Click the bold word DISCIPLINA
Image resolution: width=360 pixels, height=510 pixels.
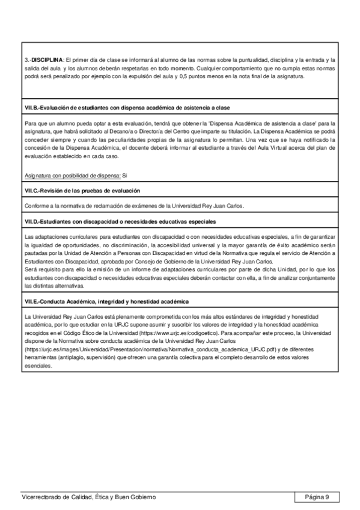(x=47, y=61)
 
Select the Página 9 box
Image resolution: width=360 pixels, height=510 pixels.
(x=317, y=497)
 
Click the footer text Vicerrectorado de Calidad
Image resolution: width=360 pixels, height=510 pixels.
(x=88, y=497)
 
